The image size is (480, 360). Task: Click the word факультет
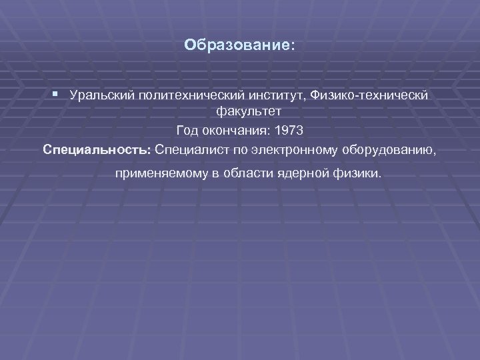coord(249,111)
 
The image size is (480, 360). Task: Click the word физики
coord(357,175)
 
